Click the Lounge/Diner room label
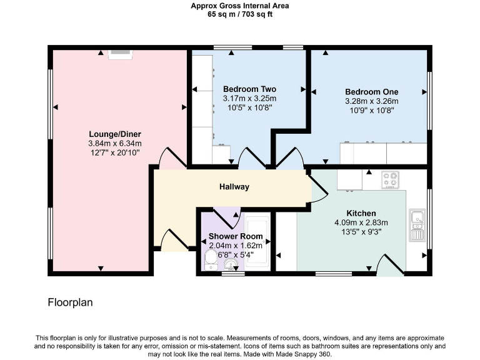114,134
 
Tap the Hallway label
234,187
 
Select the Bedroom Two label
249,89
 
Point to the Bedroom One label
371,91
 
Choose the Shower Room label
235,237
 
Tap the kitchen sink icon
417,226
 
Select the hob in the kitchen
391,180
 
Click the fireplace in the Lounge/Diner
120,54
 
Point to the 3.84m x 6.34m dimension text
114,143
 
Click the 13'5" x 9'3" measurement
361,232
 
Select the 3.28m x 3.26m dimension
371,101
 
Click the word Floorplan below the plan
70,302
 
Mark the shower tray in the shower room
256,244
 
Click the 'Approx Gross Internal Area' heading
240,6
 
